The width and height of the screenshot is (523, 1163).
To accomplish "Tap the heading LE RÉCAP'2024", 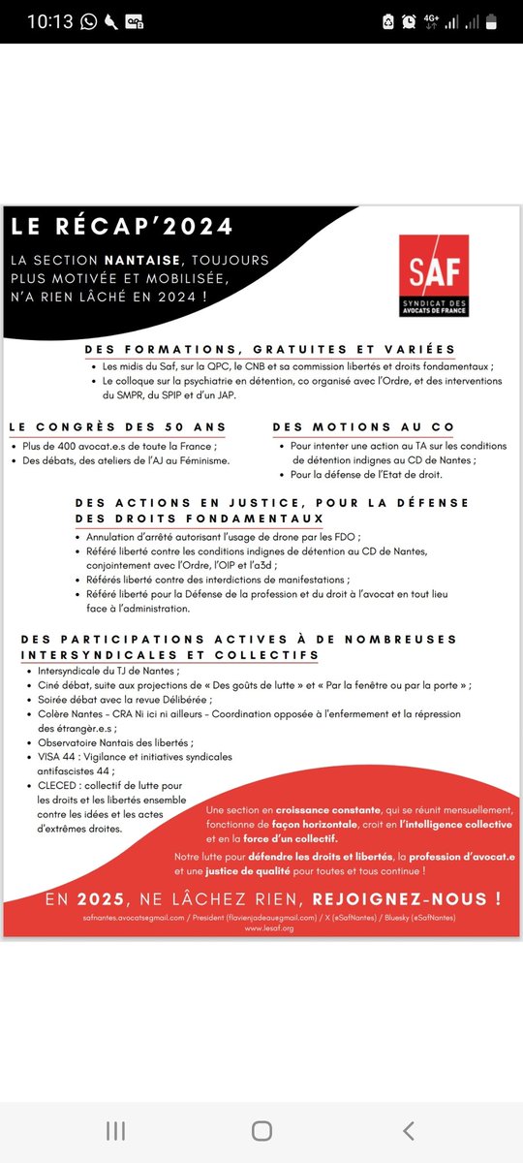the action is (123, 227).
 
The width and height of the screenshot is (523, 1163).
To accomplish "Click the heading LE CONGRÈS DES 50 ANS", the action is (117, 426).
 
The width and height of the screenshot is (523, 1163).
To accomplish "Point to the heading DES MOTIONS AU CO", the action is (363, 426).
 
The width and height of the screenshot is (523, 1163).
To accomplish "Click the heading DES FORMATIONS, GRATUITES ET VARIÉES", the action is (269, 350).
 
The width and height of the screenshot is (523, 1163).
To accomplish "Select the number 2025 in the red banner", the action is (103, 899).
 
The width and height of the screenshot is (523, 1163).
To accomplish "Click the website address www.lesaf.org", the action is (261, 927).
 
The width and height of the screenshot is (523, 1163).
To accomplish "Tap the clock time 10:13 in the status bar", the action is (50, 21).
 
